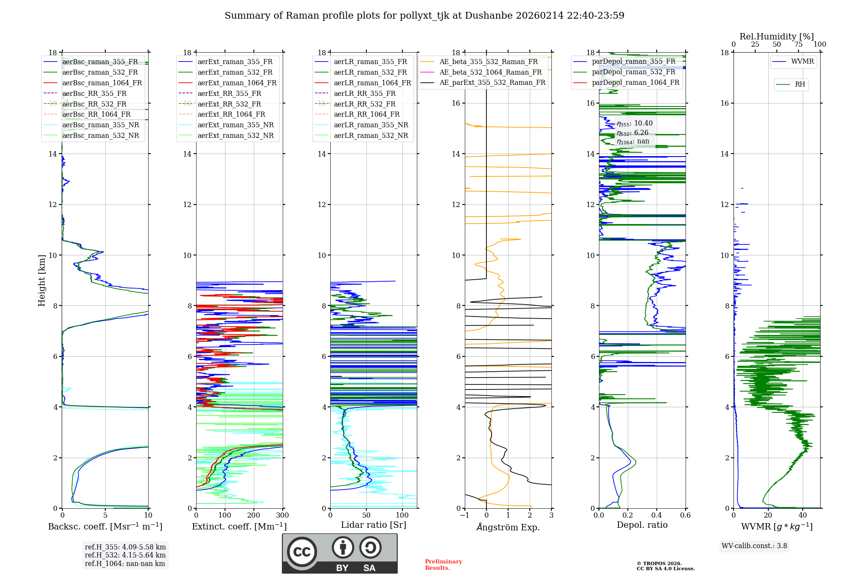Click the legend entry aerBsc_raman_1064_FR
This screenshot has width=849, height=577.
coord(102,83)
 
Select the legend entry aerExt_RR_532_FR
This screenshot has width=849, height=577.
coord(229,104)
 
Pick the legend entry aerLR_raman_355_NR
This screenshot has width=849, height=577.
coord(371,125)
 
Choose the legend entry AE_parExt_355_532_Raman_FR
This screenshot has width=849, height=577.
coord(492,82)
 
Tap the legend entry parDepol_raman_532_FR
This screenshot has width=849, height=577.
coord(633,72)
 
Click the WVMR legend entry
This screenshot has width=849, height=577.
coord(802,62)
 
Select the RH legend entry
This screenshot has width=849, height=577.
coord(800,84)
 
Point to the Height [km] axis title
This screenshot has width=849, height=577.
coord(42,280)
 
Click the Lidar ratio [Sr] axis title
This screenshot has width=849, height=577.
coord(374,525)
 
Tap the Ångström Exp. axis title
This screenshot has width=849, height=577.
coord(508,527)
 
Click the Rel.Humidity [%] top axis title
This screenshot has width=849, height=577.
coord(776,36)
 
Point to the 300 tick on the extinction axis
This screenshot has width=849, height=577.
coord(282,515)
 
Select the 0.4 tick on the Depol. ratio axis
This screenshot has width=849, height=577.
coord(656,515)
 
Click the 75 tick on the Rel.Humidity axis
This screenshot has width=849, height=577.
coord(798,45)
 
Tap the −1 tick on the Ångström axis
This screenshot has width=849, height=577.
coord(464,515)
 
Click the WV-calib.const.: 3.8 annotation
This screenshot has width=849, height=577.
coord(754,546)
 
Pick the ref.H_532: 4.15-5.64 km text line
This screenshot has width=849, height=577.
coord(125,555)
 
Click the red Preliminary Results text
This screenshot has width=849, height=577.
coord(443,565)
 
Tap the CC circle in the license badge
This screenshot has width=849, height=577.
coord(302,552)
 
